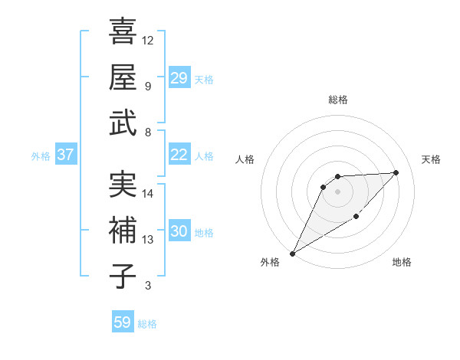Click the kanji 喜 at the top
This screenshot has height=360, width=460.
[123, 32]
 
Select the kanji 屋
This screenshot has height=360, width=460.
[123, 77]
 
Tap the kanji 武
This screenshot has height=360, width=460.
[123, 123]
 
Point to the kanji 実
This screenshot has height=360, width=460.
[123, 185]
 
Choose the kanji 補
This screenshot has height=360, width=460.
[123, 231]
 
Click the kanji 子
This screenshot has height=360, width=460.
[123, 276]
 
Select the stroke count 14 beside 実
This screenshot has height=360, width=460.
[148, 193]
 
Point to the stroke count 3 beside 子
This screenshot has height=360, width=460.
[148, 286]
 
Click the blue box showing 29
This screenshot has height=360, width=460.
[179, 78]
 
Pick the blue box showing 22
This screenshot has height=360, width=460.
[179, 155]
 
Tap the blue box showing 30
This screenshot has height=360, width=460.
[179, 231]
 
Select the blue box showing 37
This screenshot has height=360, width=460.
[66, 155]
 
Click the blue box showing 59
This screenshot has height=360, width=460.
[123, 322]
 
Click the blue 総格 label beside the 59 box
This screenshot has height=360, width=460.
[147, 324]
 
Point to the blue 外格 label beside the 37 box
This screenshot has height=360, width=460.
[41, 156]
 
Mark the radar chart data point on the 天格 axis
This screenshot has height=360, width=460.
[396, 172]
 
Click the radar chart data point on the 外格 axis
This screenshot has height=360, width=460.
[292, 253]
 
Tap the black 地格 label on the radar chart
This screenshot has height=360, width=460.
[402, 263]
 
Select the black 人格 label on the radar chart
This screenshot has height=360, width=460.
[245, 159]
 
